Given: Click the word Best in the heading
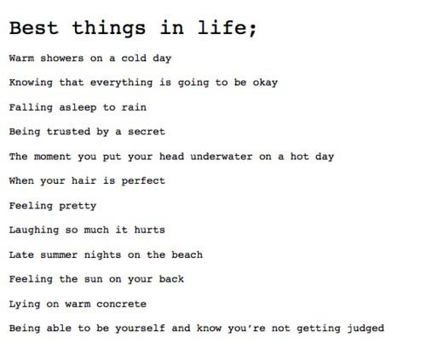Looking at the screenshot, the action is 34,28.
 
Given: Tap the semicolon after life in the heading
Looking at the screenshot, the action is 252,30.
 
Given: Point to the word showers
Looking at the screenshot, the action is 62,58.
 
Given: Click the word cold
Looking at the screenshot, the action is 134,58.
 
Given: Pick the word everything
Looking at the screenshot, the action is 121,83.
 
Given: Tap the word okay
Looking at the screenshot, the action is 265,83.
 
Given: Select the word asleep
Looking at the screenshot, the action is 78,108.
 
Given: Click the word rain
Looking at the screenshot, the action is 134,107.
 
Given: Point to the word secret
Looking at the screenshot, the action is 147,132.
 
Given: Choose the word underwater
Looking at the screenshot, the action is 222,157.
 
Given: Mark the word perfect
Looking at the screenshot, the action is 143,181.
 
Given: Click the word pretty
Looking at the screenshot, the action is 78,206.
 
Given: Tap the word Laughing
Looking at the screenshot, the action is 34,231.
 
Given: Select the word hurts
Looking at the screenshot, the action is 149,230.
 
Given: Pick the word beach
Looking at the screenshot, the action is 187,254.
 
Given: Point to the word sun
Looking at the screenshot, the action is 93,279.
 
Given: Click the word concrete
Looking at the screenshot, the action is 121,304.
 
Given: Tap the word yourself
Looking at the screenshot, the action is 140,329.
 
